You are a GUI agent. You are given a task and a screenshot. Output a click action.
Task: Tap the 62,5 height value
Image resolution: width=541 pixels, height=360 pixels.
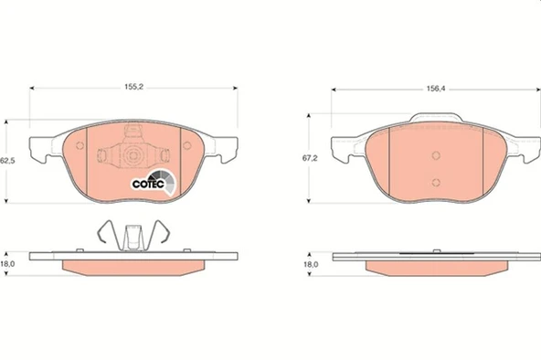click(8, 161)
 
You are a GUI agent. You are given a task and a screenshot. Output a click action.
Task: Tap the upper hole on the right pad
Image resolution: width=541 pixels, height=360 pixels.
click(436, 154)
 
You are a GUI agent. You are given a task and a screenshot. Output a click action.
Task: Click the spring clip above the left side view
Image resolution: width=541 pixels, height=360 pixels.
click(133, 235)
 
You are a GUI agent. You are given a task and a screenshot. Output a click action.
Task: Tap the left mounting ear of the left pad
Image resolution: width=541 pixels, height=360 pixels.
click(41, 146)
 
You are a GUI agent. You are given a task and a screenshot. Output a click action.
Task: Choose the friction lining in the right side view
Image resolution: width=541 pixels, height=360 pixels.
click(436, 268)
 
